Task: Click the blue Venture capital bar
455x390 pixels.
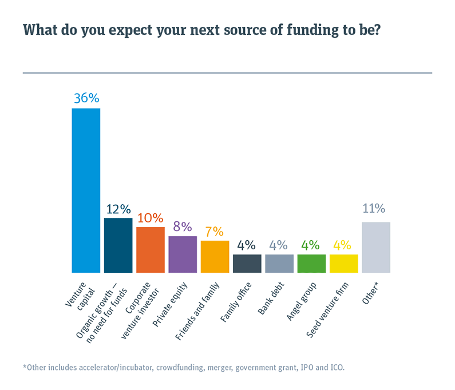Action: click(x=86, y=190)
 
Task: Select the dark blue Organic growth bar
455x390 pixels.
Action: click(x=118, y=245)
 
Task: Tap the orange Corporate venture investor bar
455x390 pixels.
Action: click(x=151, y=249)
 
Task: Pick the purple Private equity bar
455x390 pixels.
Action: click(x=183, y=254)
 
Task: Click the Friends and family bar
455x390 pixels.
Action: click(x=215, y=256)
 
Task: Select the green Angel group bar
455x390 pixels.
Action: click(x=311, y=263)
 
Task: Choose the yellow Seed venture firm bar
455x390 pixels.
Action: click(x=343, y=263)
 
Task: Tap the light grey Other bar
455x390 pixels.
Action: click(x=376, y=247)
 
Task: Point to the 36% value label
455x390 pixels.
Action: click(x=86, y=98)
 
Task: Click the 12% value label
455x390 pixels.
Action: click(x=118, y=208)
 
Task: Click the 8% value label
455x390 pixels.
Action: click(x=183, y=226)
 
